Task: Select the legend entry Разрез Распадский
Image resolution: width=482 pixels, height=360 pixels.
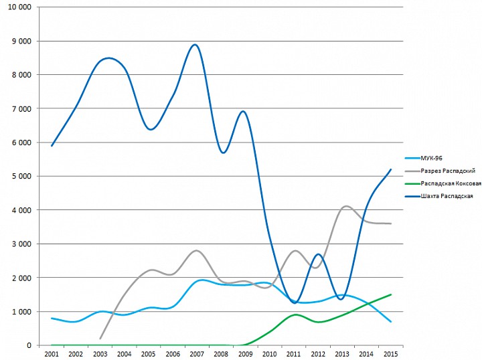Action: (445, 171)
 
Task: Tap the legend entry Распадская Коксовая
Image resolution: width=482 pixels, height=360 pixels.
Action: (449, 183)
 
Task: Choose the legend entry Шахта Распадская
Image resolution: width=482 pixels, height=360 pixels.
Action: (444, 196)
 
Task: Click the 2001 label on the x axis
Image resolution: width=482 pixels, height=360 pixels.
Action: (52, 353)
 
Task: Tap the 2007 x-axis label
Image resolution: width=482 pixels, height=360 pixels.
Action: (196, 353)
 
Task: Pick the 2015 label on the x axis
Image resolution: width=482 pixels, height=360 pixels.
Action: (390, 353)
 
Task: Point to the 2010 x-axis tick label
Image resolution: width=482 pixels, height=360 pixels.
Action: (269, 353)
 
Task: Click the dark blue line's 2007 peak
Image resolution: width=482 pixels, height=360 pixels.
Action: (195, 45)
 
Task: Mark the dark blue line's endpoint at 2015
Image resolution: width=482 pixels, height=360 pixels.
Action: (391, 169)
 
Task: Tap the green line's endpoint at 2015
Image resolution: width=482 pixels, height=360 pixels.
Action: (391, 294)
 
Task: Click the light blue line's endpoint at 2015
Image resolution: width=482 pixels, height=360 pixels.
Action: (391, 322)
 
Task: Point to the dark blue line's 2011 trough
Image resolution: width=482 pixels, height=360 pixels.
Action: (295, 303)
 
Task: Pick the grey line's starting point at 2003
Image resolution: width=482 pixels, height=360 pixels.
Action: (100, 339)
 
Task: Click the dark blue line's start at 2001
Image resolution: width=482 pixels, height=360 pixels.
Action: (52, 145)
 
